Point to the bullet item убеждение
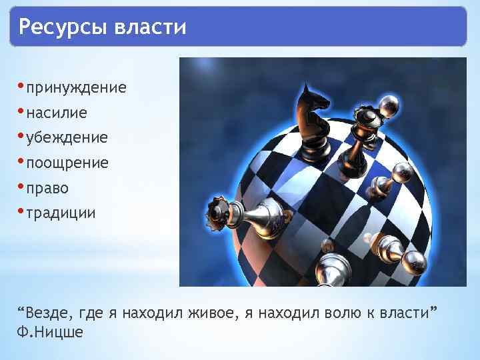coord(67,138)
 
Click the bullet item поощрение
coord(67,163)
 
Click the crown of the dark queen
coord(365,119)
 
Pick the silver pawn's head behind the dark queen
coord(388,105)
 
